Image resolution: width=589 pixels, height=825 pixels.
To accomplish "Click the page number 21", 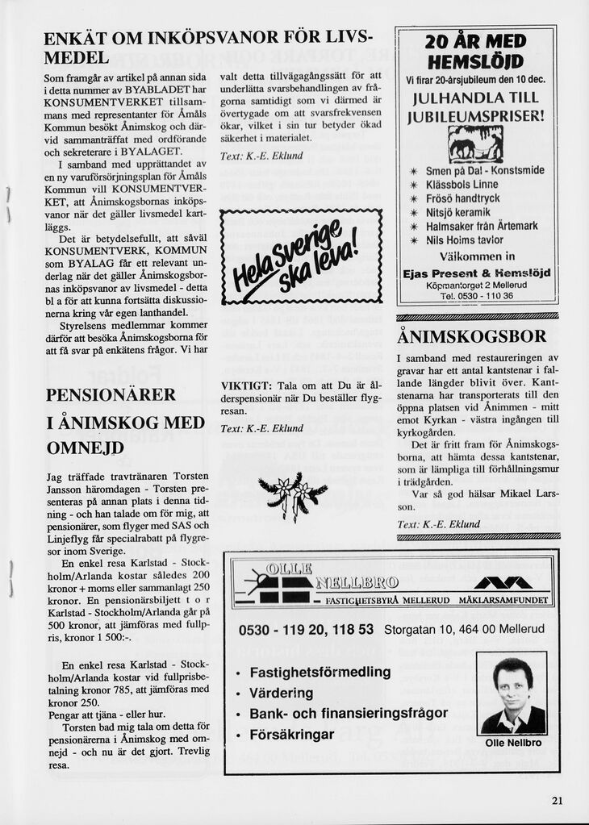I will (x=558, y=800).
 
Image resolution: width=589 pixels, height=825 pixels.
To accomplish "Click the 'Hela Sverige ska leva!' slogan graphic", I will (x=300, y=257).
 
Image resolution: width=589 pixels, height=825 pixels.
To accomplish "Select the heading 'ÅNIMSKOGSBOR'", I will (x=472, y=336).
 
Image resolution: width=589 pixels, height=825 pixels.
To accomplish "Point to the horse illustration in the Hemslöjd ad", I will (x=475, y=146).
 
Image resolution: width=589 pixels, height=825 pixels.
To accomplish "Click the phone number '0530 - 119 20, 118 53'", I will (x=307, y=629).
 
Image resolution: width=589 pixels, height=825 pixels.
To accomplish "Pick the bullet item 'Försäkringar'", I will (x=292, y=735).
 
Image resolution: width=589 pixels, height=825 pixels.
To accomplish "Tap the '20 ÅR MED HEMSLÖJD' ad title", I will (x=476, y=52).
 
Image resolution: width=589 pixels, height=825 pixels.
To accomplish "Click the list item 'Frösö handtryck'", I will (x=463, y=198).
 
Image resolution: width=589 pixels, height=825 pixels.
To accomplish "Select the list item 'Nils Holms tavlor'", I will (x=465, y=240).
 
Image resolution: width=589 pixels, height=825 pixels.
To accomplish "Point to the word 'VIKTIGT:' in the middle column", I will (x=245, y=385).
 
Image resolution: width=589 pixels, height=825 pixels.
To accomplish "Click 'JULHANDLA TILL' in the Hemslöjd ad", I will (x=476, y=98).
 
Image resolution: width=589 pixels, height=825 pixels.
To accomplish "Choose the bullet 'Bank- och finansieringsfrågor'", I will (x=349, y=714).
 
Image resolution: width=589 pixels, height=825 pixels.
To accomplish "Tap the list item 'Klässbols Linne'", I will (x=462, y=185).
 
